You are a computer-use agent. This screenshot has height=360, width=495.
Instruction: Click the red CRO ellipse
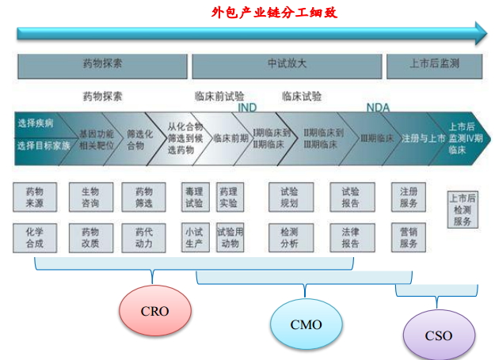point(155,310)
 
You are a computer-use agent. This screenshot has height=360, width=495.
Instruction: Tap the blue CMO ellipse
point(307,324)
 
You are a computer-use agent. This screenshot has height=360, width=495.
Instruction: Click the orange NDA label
point(378,108)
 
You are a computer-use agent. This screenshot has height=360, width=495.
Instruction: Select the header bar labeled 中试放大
point(286,63)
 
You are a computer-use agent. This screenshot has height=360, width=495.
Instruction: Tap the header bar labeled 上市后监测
point(434,63)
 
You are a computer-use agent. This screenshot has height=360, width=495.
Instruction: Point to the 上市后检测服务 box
point(462,210)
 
